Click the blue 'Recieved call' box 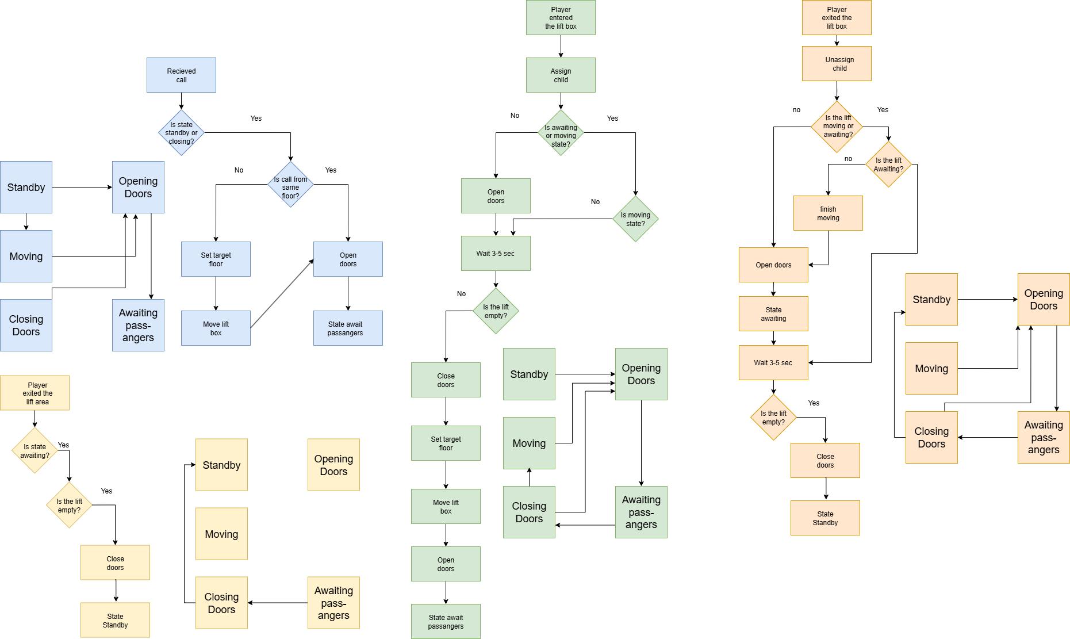tap(181, 75)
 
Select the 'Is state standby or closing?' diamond tap(181, 133)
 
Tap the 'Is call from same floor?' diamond tap(290, 185)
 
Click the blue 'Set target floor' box tap(216, 259)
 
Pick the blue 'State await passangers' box tap(348, 328)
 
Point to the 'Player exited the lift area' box tap(34, 393)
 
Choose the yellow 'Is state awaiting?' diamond tap(34, 450)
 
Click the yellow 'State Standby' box tap(115, 620)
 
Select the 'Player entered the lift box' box tap(561, 18)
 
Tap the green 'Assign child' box tap(561, 75)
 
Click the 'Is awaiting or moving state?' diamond tap(561, 133)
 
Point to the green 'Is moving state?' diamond tap(635, 219)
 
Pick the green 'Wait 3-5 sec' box tap(496, 254)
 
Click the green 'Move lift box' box tap(446, 507)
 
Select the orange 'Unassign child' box tap(837, 64)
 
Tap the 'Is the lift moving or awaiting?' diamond tap(837, 127)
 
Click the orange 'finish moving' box tap(828, 213)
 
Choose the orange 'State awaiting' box tap(773, 314)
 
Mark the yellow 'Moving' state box tap(221, 534)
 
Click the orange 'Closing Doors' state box tap(931, 438)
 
